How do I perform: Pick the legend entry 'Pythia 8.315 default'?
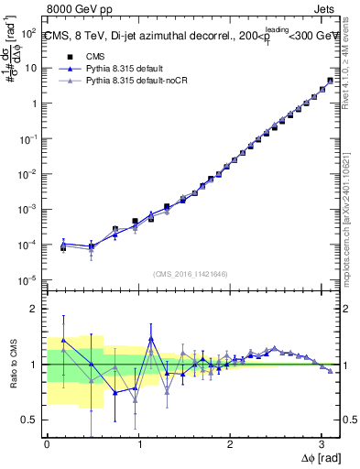click(x=124, y=69)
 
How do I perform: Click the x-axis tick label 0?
click(x=47, y=442)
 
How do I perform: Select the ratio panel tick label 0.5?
click(x=29, y=420)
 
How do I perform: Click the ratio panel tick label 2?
click(x=34, y=309)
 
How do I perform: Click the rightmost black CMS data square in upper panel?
click(x=330, y=81)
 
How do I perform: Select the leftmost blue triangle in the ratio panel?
click(x=63, y=340)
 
